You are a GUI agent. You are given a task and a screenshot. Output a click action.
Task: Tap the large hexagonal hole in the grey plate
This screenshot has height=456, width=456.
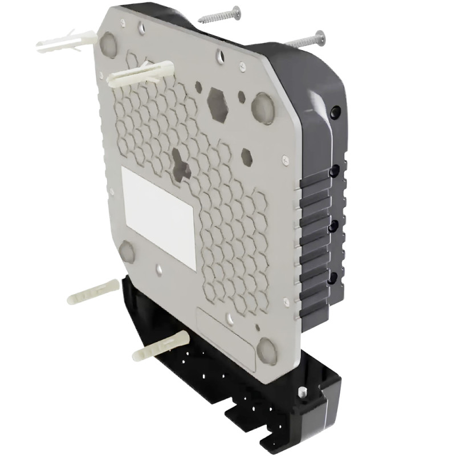[x=217, y=103]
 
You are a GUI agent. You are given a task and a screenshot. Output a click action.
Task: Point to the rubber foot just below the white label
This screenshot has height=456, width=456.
[x=127, y=251]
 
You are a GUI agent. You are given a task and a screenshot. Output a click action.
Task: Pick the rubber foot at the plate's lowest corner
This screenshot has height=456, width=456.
[x=267, y=350]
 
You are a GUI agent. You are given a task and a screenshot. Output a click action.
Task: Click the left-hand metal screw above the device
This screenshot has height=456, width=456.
[x=219, y=14]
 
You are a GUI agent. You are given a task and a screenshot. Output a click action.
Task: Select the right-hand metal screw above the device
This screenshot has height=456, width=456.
[x=305, y=40]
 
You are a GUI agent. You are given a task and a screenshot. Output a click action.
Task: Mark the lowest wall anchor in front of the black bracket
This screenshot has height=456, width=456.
[x=160, y=347]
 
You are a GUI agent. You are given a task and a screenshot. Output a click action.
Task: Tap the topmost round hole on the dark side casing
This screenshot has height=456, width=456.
[x=335, y=110]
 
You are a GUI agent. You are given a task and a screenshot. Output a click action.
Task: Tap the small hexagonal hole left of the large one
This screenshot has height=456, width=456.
[x=198, y=88]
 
